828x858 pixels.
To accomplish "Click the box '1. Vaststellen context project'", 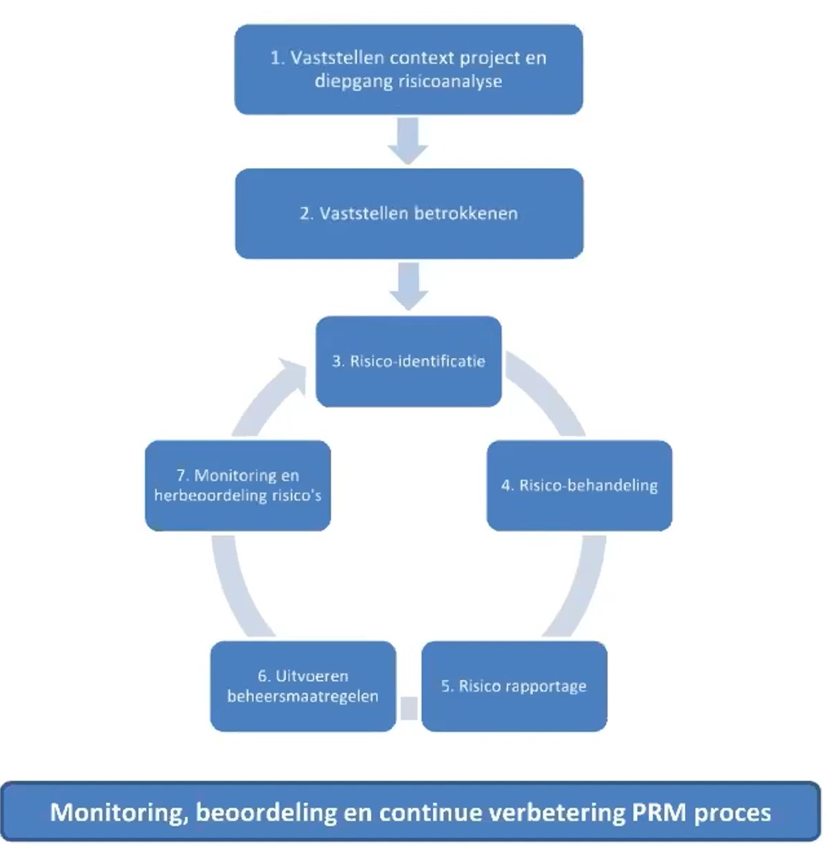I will [x=408, y=69].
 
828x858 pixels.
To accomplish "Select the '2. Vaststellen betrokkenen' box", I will [x=409, y=213].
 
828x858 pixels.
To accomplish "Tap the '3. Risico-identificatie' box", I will [x=408, y=361].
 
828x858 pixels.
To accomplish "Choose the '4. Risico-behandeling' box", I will [x=579, y=485].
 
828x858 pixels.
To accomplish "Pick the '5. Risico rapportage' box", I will [x=514, y=686].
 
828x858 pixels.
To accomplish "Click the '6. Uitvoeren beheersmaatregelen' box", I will [x=303, y=686].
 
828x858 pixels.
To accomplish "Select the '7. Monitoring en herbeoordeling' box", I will [x=238, y=485].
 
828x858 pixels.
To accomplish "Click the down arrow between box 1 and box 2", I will [x=408, y=141].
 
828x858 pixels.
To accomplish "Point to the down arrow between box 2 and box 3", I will [x=408, y=285].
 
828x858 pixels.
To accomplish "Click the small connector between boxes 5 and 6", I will [x=409, y=708].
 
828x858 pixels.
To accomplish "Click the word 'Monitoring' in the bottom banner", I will [x=114, y=812].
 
